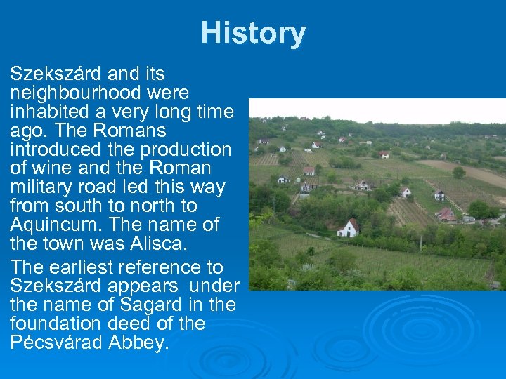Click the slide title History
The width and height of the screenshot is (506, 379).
[x=253, y=33]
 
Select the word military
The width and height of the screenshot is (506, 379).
[x=46, y=187]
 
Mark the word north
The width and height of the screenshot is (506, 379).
[x=167, y=206]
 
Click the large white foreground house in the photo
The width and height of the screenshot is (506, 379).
[x=348, y=227]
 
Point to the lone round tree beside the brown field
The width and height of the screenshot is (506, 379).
[x=459, y=172]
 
